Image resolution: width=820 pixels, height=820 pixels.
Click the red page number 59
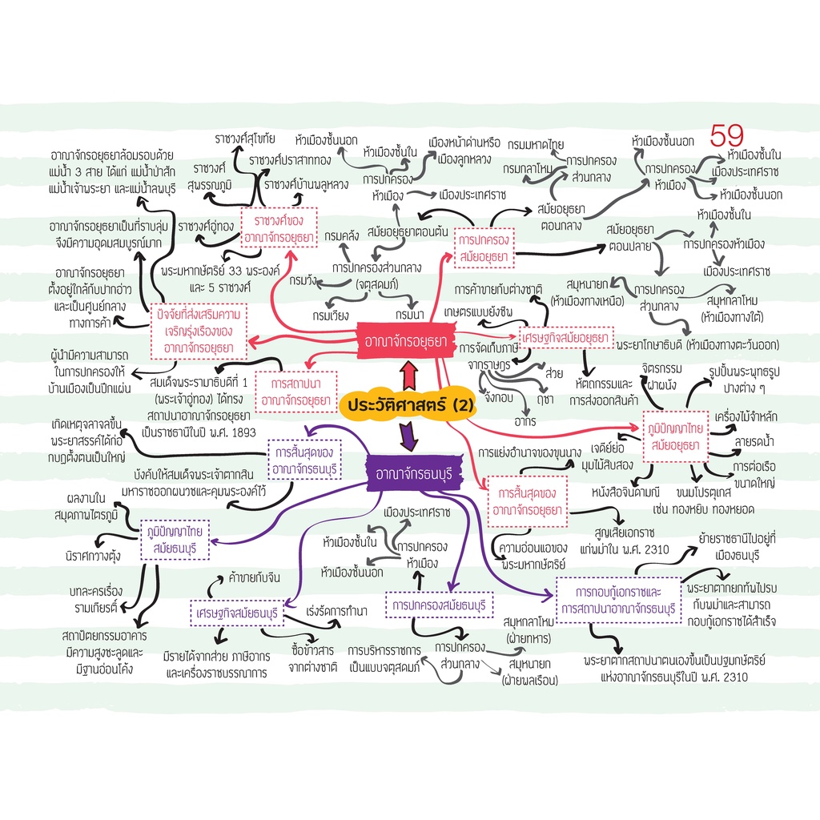click(x=726, y=136)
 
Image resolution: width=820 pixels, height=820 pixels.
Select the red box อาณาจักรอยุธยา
click(x=405, y=341)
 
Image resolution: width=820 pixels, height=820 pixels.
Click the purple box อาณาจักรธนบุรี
click(x=414, y=473)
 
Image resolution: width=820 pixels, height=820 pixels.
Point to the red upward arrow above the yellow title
click(x=408, y=375)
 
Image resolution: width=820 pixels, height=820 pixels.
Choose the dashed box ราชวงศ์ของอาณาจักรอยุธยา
click(x=279, y=228)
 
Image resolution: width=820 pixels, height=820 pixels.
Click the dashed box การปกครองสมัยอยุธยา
click(x=484, y=248)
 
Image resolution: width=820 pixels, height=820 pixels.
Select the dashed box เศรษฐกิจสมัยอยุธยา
click(x=566, y=338)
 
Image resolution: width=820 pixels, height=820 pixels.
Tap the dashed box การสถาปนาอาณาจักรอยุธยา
click(x=295, y=392)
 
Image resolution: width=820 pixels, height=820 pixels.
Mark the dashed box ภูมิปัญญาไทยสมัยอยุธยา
click(x=676, y=436)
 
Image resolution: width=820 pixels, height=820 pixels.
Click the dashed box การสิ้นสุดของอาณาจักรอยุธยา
click(x=527, y=501)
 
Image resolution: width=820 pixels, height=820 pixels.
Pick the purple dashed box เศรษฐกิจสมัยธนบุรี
click(x=237, y=613)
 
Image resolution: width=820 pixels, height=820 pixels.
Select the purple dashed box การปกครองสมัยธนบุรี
click(x=440, y=605)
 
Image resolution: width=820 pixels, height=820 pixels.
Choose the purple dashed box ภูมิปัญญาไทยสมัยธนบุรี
click(x=175, y=540)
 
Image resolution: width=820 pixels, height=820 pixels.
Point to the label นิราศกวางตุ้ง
click(x=93, y=556)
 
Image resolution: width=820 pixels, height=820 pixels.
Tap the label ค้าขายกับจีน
click(x=254, y=577)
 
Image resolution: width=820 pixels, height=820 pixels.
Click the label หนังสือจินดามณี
click(x=625, y=492)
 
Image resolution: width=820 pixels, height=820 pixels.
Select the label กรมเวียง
click(x=331, y=316)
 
